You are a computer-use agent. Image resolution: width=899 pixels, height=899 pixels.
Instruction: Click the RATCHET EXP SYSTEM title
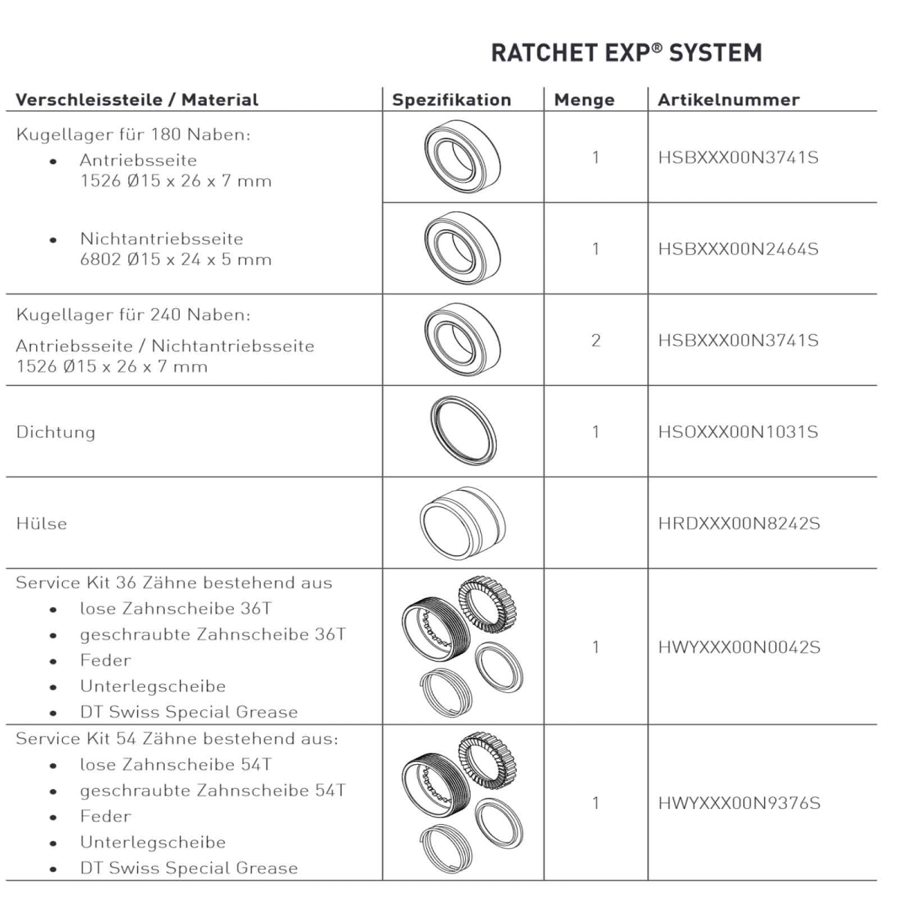(x=626, y=52)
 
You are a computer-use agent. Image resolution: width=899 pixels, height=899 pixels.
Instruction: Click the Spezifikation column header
(x=452, y=100)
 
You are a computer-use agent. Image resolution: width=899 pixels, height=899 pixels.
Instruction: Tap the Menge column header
(x=584, y=100)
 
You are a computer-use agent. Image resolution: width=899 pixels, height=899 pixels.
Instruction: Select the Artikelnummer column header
(x=728, y=100)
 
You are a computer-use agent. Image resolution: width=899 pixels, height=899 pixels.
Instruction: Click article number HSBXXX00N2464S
(x=738, y=249)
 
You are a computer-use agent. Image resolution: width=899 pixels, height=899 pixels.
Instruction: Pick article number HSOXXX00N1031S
(x=738, y=432)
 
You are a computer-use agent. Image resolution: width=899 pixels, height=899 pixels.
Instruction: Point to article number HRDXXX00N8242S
(x=739, y=523)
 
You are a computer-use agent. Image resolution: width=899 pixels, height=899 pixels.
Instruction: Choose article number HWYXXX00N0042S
(x=739, y=647)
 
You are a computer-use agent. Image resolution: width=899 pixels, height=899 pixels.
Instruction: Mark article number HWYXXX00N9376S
(x=739, y=803)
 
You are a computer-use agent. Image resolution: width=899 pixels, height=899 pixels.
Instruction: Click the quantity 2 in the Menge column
(x=596, y=340)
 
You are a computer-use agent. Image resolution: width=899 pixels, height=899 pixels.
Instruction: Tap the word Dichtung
(x=55, y=432)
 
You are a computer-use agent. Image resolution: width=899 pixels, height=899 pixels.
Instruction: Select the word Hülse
(x=41, y=523)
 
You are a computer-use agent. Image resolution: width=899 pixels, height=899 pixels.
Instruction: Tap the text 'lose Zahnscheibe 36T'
(x=175, y=608)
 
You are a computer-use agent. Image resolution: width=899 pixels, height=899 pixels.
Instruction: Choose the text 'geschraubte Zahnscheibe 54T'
(x=213, y=790)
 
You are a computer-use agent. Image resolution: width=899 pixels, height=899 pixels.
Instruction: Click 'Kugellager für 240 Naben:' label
(x=133, y=315)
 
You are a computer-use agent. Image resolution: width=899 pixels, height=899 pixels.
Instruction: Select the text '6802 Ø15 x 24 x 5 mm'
(x=175, y=260)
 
